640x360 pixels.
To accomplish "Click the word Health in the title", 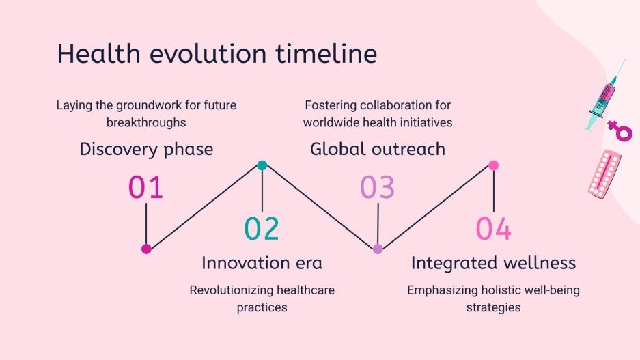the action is (98, 53).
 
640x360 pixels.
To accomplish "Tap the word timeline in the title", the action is (326, 53).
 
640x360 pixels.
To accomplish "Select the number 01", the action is (145, 187).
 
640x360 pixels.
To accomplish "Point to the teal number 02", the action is (262, 229).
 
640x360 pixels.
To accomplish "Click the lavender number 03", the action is (378, 187).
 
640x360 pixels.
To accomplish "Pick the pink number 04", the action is (493, 229).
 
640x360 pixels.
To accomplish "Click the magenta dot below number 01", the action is (146, 249).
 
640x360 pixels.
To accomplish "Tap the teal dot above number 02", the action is (262, 165).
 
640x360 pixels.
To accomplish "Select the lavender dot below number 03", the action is (378, 249).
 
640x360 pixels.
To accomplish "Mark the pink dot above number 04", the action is (493, 165).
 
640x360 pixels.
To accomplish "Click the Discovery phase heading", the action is (146, 150).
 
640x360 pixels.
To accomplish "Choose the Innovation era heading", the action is (262, 263).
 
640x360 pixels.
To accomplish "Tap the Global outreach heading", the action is (378, 149).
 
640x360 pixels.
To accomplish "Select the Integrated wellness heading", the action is (493, 263).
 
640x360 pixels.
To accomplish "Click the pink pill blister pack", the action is (604, 174).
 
